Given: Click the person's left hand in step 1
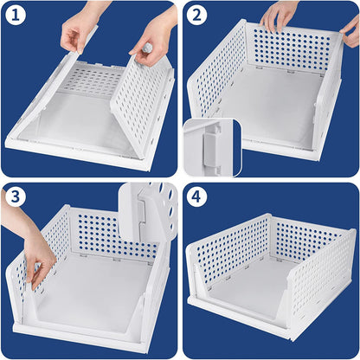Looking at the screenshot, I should coord(79,30).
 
